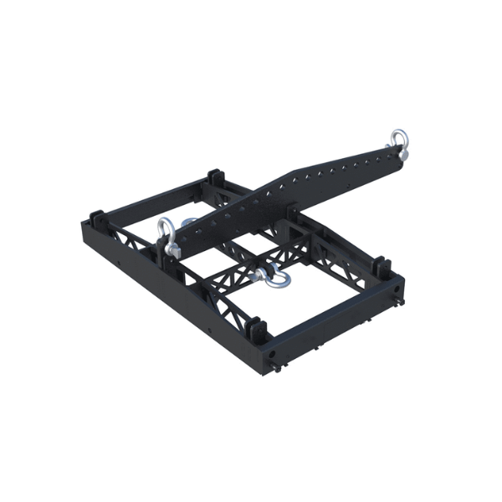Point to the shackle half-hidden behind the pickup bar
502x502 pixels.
(189, 223)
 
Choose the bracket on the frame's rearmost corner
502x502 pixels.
(213, 178)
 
